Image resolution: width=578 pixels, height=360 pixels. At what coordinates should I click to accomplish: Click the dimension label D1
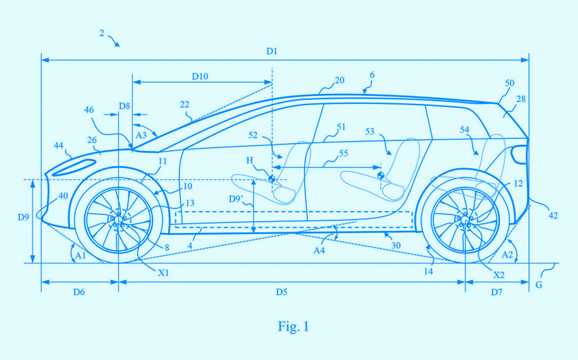pyautogui.click(x=271, y=51)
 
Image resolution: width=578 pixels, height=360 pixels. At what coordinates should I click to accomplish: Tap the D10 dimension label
pyautogui.click(x=200, y=76)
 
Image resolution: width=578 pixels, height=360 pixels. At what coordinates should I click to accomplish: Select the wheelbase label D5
pyautogui.click(x=281, y=292)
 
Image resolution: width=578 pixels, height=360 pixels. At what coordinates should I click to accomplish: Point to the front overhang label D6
pyautogui.click(x=79, y=292)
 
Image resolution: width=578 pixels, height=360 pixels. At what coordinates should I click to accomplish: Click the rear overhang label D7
pyautogui.click(x=497, y=292)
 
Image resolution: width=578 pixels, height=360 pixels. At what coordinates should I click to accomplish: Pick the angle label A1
pyautogui.click(x=80, y=255)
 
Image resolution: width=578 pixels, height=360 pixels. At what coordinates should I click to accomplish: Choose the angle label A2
pyautogui.click(x=508, y=254)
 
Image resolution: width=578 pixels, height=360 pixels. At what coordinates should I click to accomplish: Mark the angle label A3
pyautogui.click(x=141, y=135)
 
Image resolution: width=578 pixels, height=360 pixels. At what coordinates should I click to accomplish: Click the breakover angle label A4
pyautogui.click(x=319, y=251)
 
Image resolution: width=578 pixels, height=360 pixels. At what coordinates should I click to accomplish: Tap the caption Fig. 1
pyautogui.click(x=293, y=326)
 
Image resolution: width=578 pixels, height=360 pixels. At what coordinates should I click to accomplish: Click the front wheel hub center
pyautogui.click(x=119, y=220)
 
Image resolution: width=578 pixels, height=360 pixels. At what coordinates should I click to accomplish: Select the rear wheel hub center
pyautogui.click(x=465, y=220)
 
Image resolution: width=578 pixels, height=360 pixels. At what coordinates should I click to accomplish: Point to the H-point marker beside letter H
pyautogui.click(x=271, y=179)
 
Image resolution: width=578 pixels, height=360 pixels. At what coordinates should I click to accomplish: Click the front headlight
pyautogui.click(x=73, y=167)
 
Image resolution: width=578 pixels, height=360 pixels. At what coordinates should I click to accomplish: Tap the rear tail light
pyautogui.click(x=518, y=154)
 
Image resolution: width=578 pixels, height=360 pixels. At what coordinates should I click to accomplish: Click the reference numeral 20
pyautogui.click(x=340, y=80)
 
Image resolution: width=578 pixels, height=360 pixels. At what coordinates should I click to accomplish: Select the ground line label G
pyautogui.click(x=538, y=285)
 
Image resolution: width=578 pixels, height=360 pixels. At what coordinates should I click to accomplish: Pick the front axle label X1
pyautogui.click(x=164, y=273)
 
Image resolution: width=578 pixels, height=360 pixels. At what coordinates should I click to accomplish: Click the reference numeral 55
pyautogui.click(x=343, y=154)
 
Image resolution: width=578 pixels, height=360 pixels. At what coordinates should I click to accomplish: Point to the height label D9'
pyautogui.click(x=236, y=199)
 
